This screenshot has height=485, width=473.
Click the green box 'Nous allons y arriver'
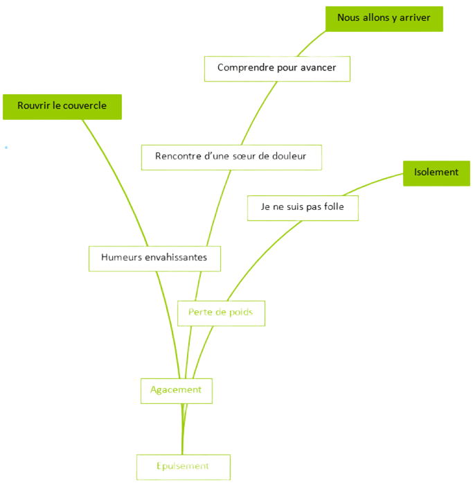[384, 18]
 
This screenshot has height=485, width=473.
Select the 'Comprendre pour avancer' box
[277, 68]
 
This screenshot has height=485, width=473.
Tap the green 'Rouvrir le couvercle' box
[62, 106]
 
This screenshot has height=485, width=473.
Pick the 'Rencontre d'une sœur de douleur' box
[230, 157]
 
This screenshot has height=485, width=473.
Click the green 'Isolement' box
[436, 172]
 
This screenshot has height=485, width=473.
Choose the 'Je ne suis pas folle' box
[303, 207]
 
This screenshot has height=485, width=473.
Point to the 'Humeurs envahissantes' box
[154, 257]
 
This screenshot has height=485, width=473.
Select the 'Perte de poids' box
[220, 312]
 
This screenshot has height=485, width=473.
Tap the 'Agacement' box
[176, 390]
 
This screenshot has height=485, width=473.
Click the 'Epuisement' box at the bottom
[183, 466]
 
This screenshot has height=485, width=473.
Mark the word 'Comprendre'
[244, 68]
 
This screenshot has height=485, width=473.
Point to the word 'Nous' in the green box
[348, 18]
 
